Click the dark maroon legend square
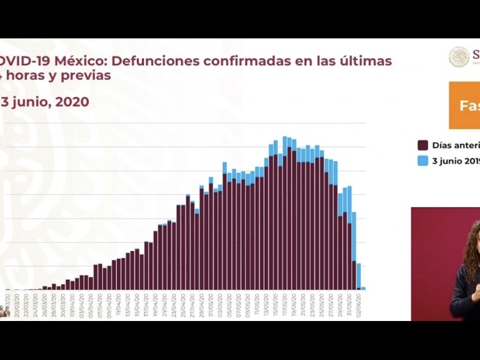423,145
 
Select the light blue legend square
423,161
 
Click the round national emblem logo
459,57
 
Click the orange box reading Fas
464,106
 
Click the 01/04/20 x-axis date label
73,299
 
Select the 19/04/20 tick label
155,299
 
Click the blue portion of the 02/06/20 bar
358,275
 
